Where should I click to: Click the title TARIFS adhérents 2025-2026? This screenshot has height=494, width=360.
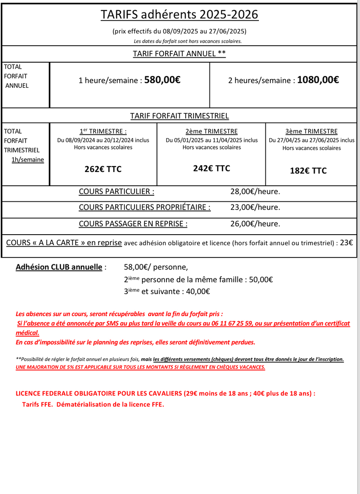click(179, 15)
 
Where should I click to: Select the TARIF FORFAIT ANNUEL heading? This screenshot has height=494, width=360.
click(179, 54)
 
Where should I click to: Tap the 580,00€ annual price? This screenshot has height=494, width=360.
click(162, 80)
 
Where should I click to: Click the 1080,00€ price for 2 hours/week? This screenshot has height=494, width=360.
click(318, 80)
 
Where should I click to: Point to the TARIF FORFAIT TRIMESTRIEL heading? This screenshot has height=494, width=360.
click(179, 116)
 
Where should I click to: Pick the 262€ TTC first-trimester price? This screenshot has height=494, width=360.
click(103, 169)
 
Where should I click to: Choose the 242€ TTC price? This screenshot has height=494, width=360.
click(211, 168)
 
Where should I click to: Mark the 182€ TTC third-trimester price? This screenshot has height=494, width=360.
click(308, 171)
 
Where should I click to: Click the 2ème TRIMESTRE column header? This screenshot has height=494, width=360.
click(211, 131)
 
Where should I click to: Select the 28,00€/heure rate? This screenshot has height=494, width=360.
click(255, 191)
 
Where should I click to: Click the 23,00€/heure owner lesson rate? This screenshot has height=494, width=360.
click(255, 207)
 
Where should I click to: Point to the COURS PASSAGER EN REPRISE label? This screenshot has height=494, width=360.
click(133, 224)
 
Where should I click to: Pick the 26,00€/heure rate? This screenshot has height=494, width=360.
click(255, 224)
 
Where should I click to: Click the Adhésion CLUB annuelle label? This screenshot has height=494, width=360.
click(59, 267)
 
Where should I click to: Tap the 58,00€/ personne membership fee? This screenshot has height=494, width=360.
click(156, 267)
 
